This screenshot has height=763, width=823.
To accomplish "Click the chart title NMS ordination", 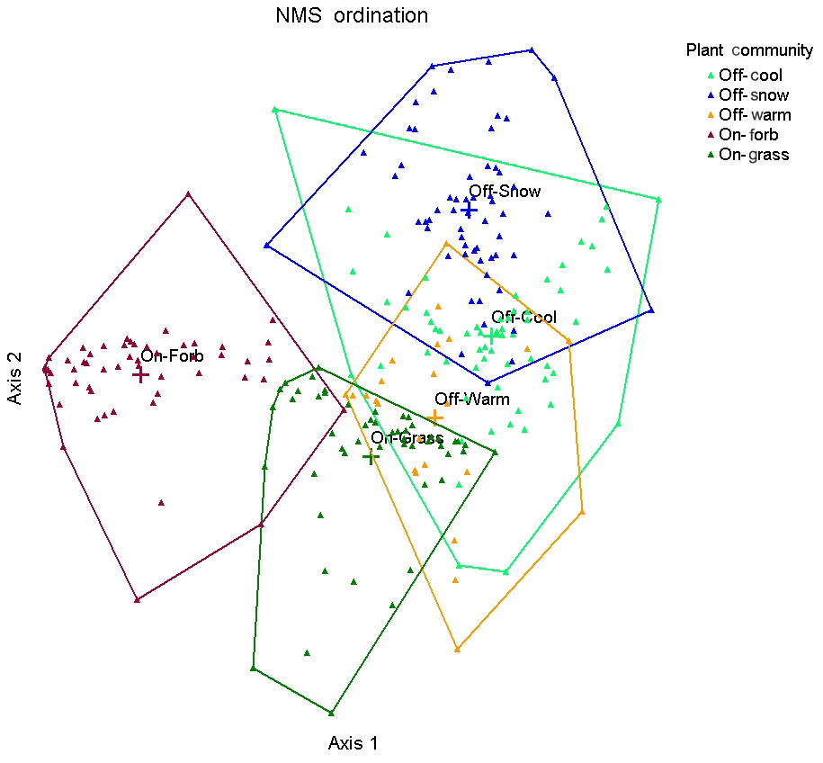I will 352,15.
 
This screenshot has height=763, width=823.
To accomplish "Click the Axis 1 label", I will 353,743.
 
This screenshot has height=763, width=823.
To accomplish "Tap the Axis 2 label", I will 15,377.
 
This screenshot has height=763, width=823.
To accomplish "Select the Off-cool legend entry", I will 750,76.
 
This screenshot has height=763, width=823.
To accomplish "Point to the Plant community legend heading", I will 749,50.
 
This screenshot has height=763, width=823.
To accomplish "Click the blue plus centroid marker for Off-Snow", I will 469,210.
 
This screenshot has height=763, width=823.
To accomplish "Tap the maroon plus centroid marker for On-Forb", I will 140,373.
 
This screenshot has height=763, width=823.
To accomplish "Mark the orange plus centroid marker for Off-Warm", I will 435,417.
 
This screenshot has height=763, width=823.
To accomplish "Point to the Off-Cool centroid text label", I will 523,317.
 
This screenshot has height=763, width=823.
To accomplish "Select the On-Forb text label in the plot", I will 172,356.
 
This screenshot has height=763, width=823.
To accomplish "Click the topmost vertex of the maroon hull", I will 188,193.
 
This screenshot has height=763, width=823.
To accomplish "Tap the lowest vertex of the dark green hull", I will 332,714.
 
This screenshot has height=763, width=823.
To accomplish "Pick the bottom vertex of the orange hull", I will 458,649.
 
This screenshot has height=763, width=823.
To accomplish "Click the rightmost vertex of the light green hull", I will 659,199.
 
